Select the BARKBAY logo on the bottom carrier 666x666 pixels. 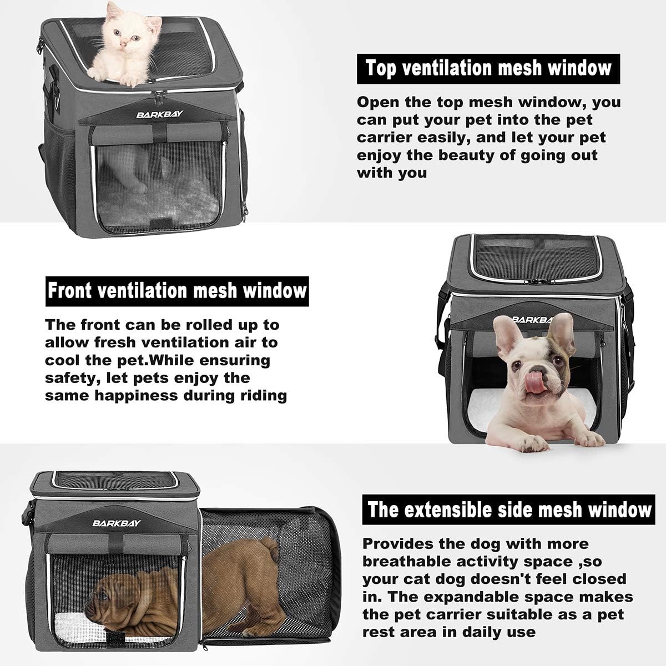tap(117, 523)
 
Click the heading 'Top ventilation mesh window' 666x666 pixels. tap(488, 68)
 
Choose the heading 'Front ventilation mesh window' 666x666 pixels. tap(177, 291)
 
